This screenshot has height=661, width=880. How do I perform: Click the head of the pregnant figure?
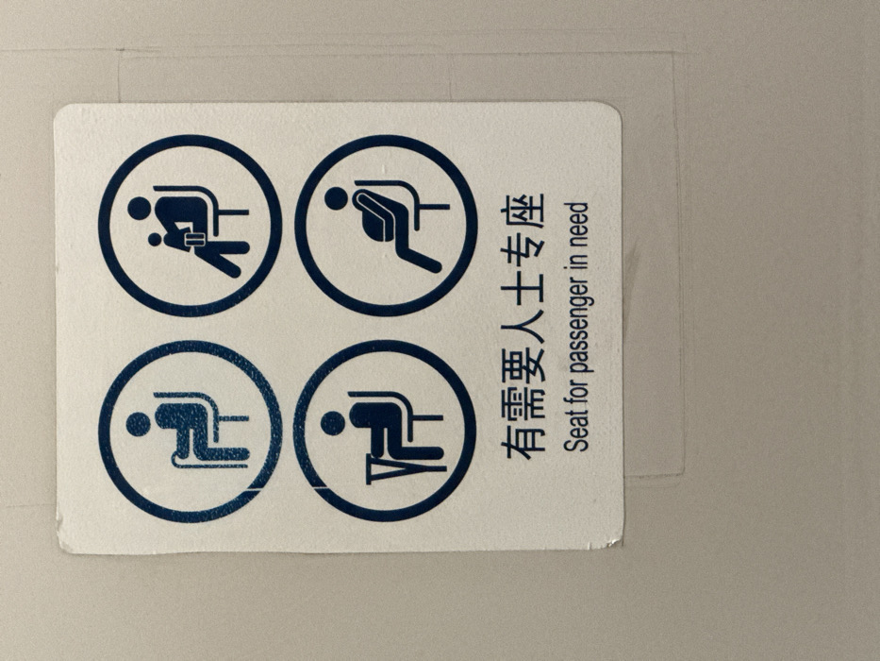[336, 198]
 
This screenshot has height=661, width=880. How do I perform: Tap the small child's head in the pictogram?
[155, 240]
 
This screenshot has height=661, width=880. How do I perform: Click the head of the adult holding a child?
[139, 208]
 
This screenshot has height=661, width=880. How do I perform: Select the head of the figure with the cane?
[333, 423]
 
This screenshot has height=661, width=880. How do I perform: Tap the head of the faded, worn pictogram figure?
[139, 425]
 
